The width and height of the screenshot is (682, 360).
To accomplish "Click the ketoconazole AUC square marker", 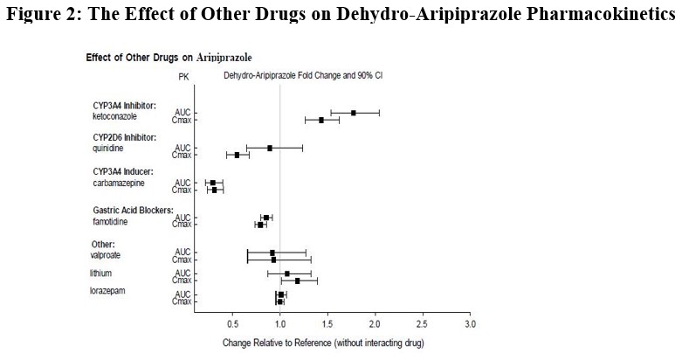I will [354, 113].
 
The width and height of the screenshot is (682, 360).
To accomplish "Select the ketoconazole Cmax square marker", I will [321, 120].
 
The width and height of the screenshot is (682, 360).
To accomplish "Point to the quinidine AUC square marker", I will [270, 148].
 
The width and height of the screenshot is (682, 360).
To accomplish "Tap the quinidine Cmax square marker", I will [237, 155].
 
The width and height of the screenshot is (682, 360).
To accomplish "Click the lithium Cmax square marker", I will [298, 280].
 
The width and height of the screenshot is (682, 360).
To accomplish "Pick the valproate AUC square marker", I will [272, 253].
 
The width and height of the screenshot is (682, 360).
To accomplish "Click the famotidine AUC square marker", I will [266, 218].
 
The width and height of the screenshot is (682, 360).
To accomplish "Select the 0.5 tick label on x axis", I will [232, 324].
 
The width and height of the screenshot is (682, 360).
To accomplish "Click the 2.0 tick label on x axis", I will [375, 324].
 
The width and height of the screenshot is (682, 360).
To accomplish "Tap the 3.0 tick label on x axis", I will [471, 324].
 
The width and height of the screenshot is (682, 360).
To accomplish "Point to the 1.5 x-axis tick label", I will [327, 324].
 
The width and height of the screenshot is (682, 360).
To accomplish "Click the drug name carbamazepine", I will [121, 183].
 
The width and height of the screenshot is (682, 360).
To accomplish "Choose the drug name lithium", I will [102, 273].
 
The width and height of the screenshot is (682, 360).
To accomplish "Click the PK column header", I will [183, 77].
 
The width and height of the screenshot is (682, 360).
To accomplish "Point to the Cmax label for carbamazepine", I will [182, 190].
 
